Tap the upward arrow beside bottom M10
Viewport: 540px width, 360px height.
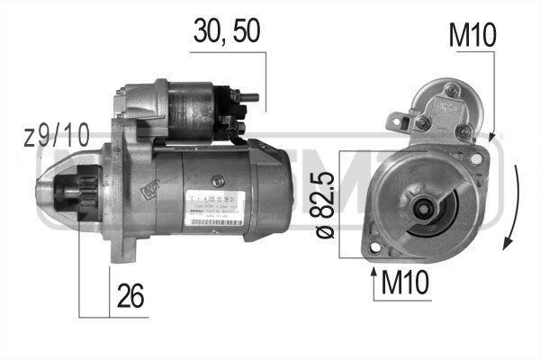373,281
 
